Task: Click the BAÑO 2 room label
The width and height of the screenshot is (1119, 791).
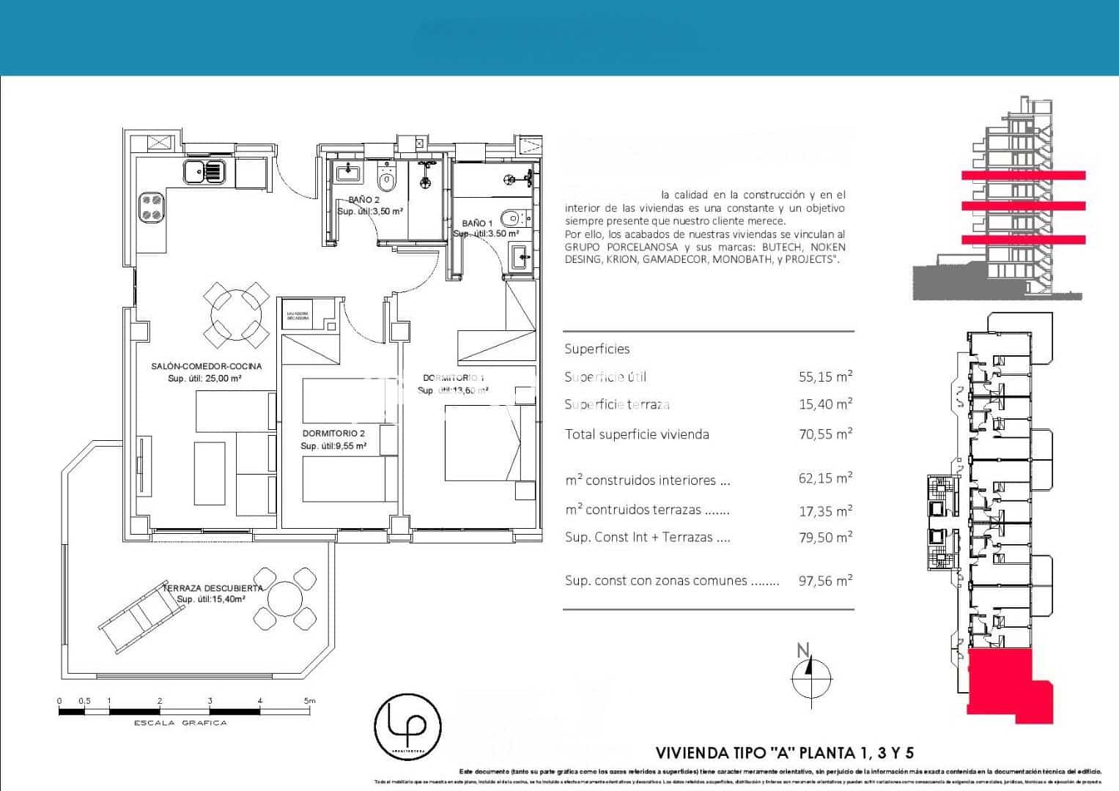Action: pyautogui.click(x=363, y=200)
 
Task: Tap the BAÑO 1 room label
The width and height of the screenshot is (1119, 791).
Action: pyautogui.click(x=477, y=223)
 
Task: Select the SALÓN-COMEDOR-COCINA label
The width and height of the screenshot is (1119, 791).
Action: pyautogui.click(x=206, y=366)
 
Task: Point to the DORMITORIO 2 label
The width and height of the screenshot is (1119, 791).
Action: pyautogui.click(x=333, y=434)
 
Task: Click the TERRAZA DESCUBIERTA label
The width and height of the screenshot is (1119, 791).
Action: pyautogui.click(x=213, y=588)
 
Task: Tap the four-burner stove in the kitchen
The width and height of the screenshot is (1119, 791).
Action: pyautogui.click(x=152, y=207)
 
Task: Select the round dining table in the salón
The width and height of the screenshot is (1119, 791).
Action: pyautogui.click(x=234, y=316)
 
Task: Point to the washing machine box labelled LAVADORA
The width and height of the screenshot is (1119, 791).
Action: pyautogui.click(x=298, y=316)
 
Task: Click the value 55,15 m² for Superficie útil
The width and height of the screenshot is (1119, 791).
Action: pyautogui.click(x=825, y=377)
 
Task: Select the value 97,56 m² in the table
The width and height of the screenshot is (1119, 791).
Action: pyautogui.click(x=825, y=581)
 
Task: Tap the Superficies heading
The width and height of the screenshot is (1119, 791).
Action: pyautogui.click(x=597, y=349)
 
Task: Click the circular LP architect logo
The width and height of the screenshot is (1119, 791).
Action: pyautogui.click(x=407, y=727)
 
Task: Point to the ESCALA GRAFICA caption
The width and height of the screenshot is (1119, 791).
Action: pyautogui.click(x=180, y=723)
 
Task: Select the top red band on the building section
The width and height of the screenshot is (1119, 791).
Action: pyautogui.click(x=1023, y=175)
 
